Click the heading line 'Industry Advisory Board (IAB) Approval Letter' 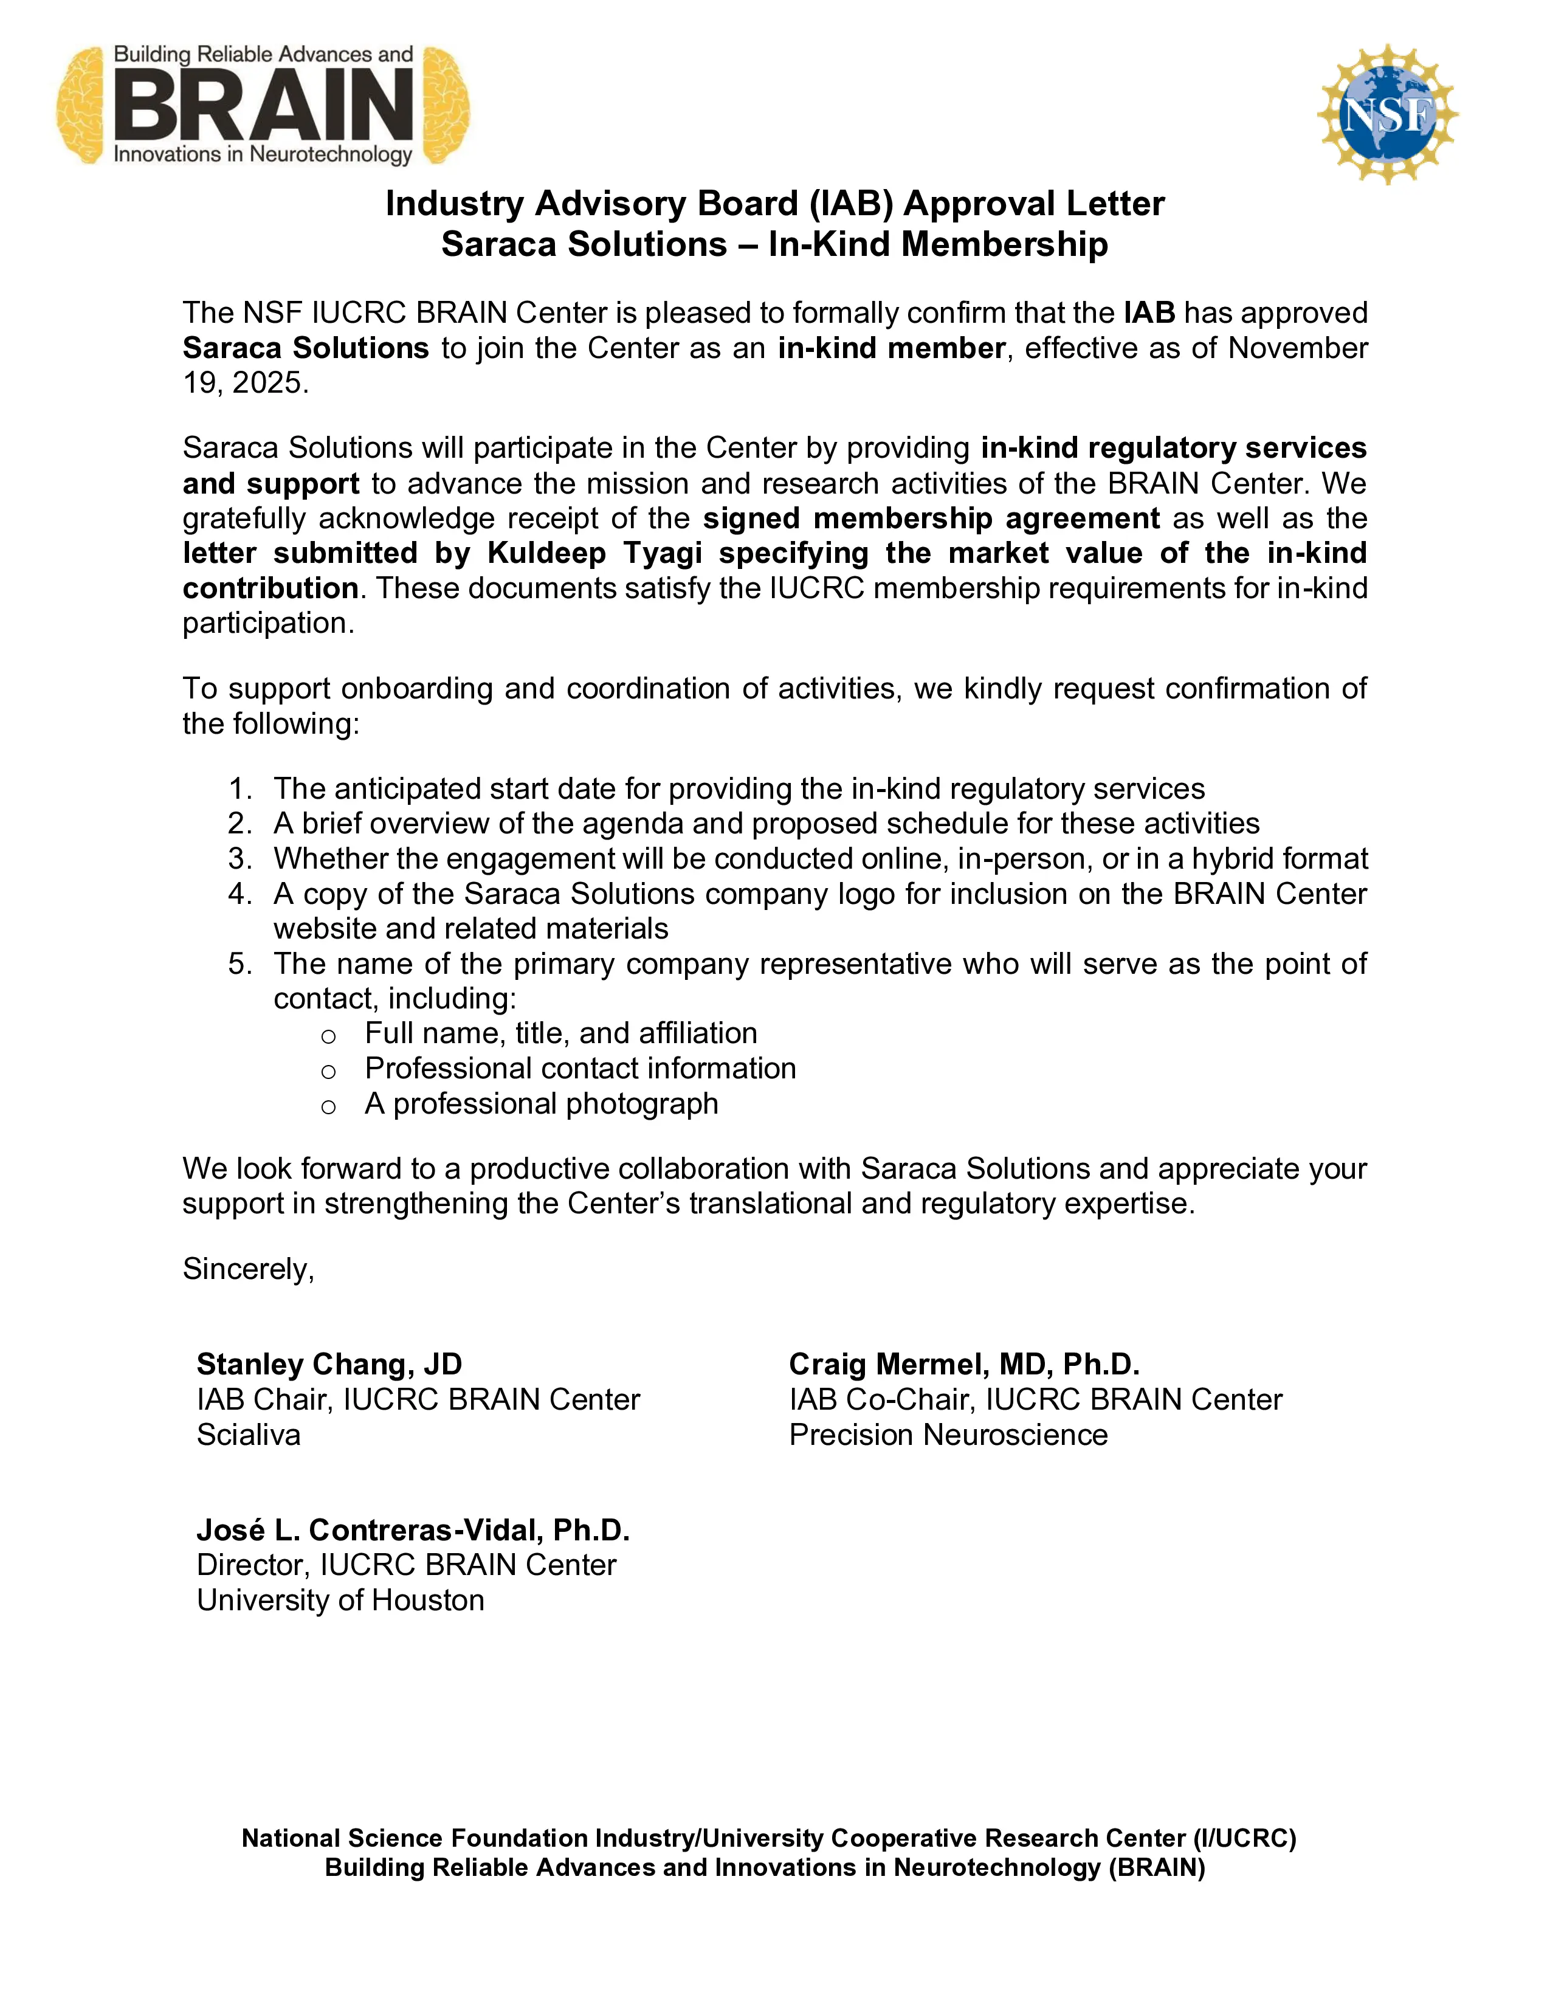[x=774, y=204]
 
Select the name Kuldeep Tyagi [x=595, y=554]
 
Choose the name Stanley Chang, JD [x=329, y=1365]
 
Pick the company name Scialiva [x=249, y=1435]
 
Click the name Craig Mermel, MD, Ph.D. [x=964, y=1365]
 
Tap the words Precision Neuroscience [x=949, y=1435]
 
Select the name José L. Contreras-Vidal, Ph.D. [x=413, y=1530]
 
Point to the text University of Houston [x=340, y=1600]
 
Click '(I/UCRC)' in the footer [x=1244, y=1838]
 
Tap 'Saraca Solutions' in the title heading [x=584, y=245]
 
